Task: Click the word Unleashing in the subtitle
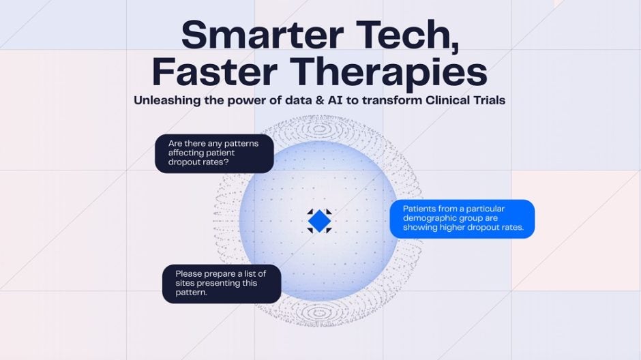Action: coord(167,100)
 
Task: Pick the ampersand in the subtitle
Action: coord(320,100)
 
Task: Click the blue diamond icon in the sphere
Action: coord(319,221)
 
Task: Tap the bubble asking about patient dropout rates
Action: coord(214,153)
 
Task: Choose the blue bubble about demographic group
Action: coord(462,219)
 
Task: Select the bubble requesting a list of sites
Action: coord(222,284)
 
